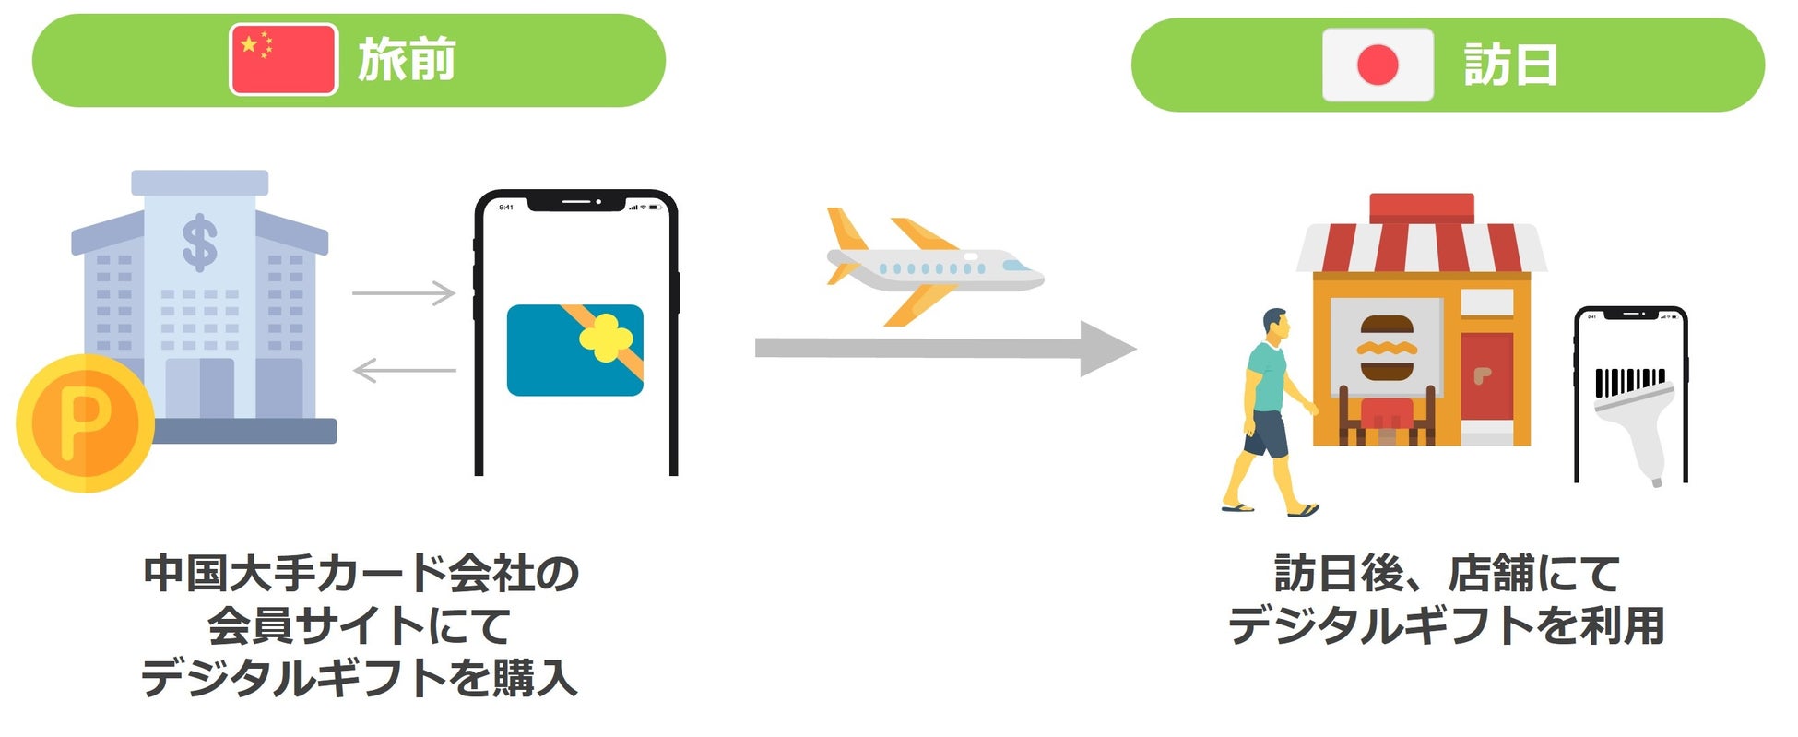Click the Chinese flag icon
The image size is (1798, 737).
pos(283,60)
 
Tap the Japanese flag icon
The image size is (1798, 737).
pos(1378,65)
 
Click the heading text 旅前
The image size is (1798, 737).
pos(407,60)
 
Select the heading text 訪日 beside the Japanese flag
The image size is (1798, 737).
pos(1510,65)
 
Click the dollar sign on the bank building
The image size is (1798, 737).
pos(199,243)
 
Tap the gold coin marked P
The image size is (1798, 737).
pos(85,423)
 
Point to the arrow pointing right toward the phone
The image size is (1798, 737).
pos(404,293)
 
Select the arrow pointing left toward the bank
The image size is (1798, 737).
pos(404,371)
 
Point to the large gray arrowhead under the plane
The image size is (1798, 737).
pos(1106,349)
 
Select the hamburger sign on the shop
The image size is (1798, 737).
pos(1387,348)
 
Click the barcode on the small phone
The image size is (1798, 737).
pos(1630,381)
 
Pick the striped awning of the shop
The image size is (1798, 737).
pos(1420,247)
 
